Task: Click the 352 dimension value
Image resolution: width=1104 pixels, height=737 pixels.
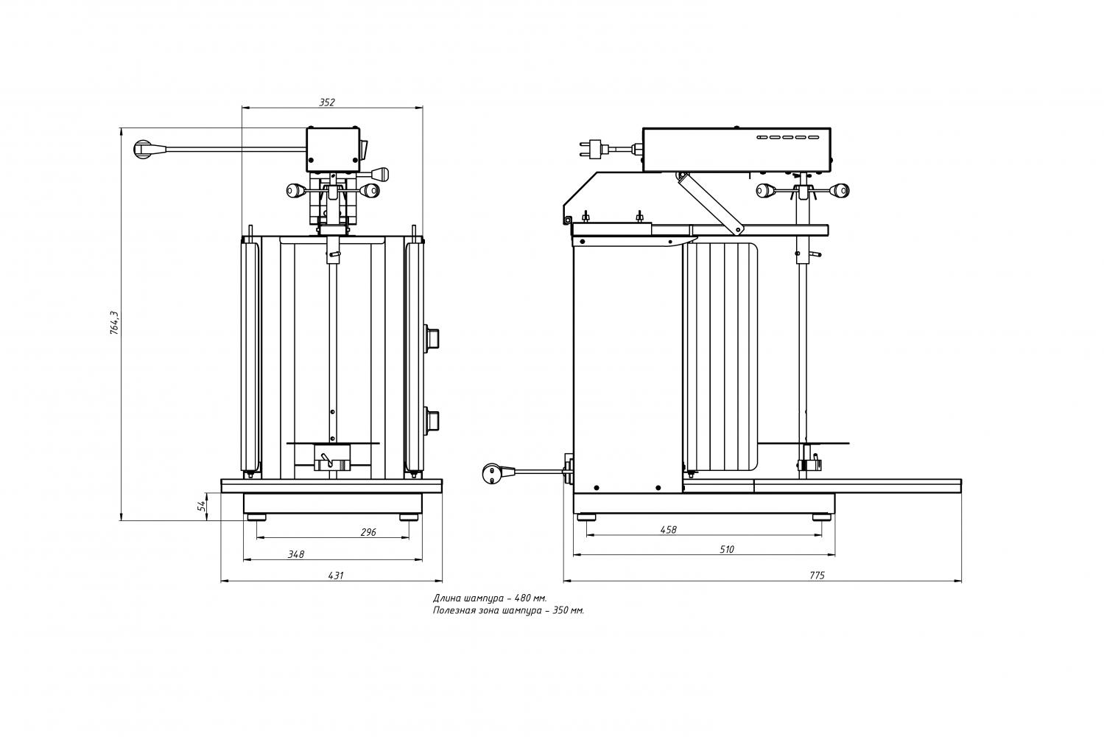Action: coord(327,102)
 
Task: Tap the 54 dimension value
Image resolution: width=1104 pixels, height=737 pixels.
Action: coord(200,506)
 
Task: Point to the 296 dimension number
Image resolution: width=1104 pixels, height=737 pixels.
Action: coord(368,532)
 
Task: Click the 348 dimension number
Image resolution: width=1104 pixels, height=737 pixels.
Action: coord(296,554)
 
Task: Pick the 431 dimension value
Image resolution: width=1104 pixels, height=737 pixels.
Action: coord(335,575)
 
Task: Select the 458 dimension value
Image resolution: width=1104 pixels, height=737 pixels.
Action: coord(669,529)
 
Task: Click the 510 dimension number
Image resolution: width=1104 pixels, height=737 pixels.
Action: coord(726,549)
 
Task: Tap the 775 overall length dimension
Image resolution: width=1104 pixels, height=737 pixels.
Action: coord(816,575)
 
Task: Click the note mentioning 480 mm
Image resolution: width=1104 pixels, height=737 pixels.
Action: coord(490,598)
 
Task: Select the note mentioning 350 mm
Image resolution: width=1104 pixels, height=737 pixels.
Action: coord(508,610)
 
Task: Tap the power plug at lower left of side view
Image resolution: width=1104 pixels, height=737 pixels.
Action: coord(492,473)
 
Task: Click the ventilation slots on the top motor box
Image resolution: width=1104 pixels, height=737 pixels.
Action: coord(787,137)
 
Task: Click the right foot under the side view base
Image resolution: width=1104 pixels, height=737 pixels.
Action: coord(819,517)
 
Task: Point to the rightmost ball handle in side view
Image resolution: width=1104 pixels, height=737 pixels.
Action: coord(840,192)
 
